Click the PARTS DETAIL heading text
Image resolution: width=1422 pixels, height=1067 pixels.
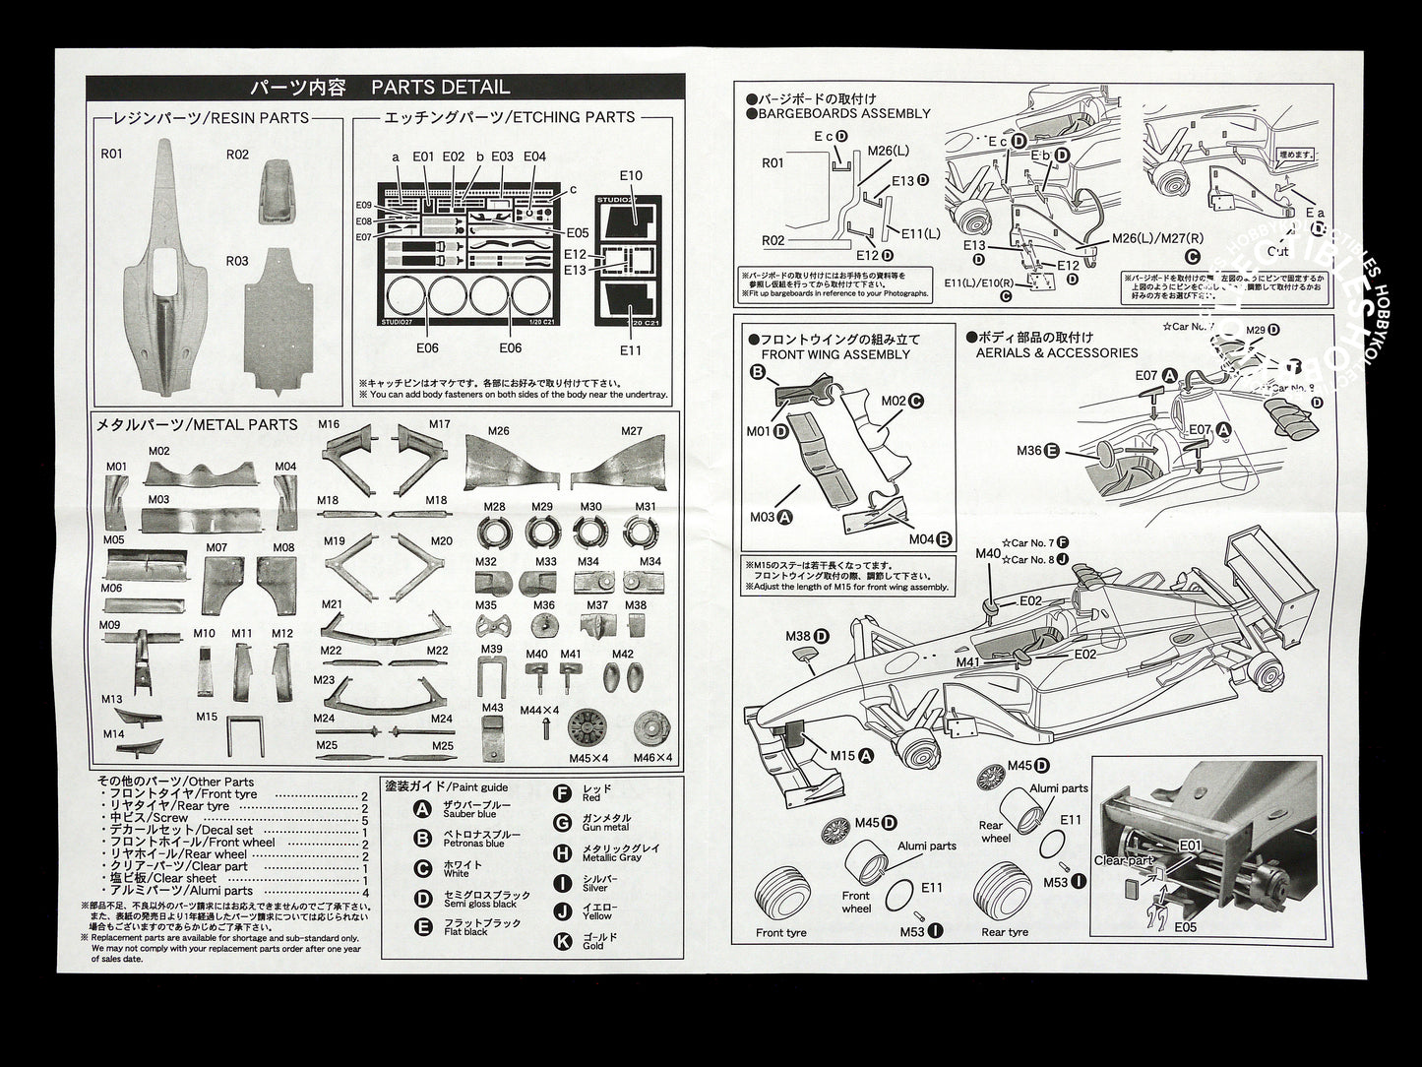click(x=440, y=88)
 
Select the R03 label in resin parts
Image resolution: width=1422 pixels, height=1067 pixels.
click(x=237, y=261)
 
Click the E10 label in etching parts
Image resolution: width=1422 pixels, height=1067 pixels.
click(x=631, y=176)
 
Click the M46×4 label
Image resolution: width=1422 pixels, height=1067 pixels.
click(x=652, y=757)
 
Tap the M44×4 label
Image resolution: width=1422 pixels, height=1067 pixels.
click(x=539, y=710)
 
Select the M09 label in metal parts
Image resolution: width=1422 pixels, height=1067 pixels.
click(x=109, y=625)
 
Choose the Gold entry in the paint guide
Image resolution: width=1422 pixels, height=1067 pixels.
click(x=592, y=946)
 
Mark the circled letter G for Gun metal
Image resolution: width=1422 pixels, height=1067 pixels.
click(x=563, y=823)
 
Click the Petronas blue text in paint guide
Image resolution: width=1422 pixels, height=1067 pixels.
click(x=474, y=844)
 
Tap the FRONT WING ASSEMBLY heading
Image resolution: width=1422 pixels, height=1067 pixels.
click(x=835, y=354)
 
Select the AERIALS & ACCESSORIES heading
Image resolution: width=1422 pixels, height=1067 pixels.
click(x=1056, y=352)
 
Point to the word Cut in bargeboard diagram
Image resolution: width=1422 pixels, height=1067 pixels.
click(x=1305, y=251)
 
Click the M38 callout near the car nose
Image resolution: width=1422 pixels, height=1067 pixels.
click(x=798, y=636)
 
